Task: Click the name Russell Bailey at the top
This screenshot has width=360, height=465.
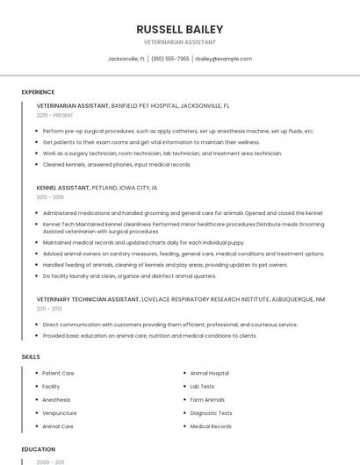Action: (179, 29)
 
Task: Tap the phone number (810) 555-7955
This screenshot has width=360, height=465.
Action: (169, 59)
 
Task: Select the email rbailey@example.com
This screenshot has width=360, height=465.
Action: (223, 59)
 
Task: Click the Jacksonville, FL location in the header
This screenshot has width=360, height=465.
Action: (126, 59)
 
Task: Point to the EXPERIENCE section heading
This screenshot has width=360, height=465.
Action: (38, 92)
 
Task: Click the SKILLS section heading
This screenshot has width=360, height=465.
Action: (31, 357)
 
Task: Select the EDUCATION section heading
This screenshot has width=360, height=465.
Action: (38, 449)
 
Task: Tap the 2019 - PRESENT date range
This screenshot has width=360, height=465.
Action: (54, 115)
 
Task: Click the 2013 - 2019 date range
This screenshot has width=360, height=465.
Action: (50, 197)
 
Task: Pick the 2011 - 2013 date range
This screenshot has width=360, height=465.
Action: (49, 309)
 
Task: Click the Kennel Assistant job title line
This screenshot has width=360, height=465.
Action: (97, 188)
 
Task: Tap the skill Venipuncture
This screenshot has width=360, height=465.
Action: (60, 413)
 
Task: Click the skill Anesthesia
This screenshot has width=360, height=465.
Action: (57, 400)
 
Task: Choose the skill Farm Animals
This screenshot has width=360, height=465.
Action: (207, 400)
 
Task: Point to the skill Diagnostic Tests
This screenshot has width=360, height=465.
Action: (211, 413)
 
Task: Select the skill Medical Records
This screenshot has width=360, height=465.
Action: (211, 426)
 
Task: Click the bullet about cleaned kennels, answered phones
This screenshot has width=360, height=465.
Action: (116, 164)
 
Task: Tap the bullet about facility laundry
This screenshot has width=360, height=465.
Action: (129, 275)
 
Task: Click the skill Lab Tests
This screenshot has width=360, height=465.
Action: (202, 386)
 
